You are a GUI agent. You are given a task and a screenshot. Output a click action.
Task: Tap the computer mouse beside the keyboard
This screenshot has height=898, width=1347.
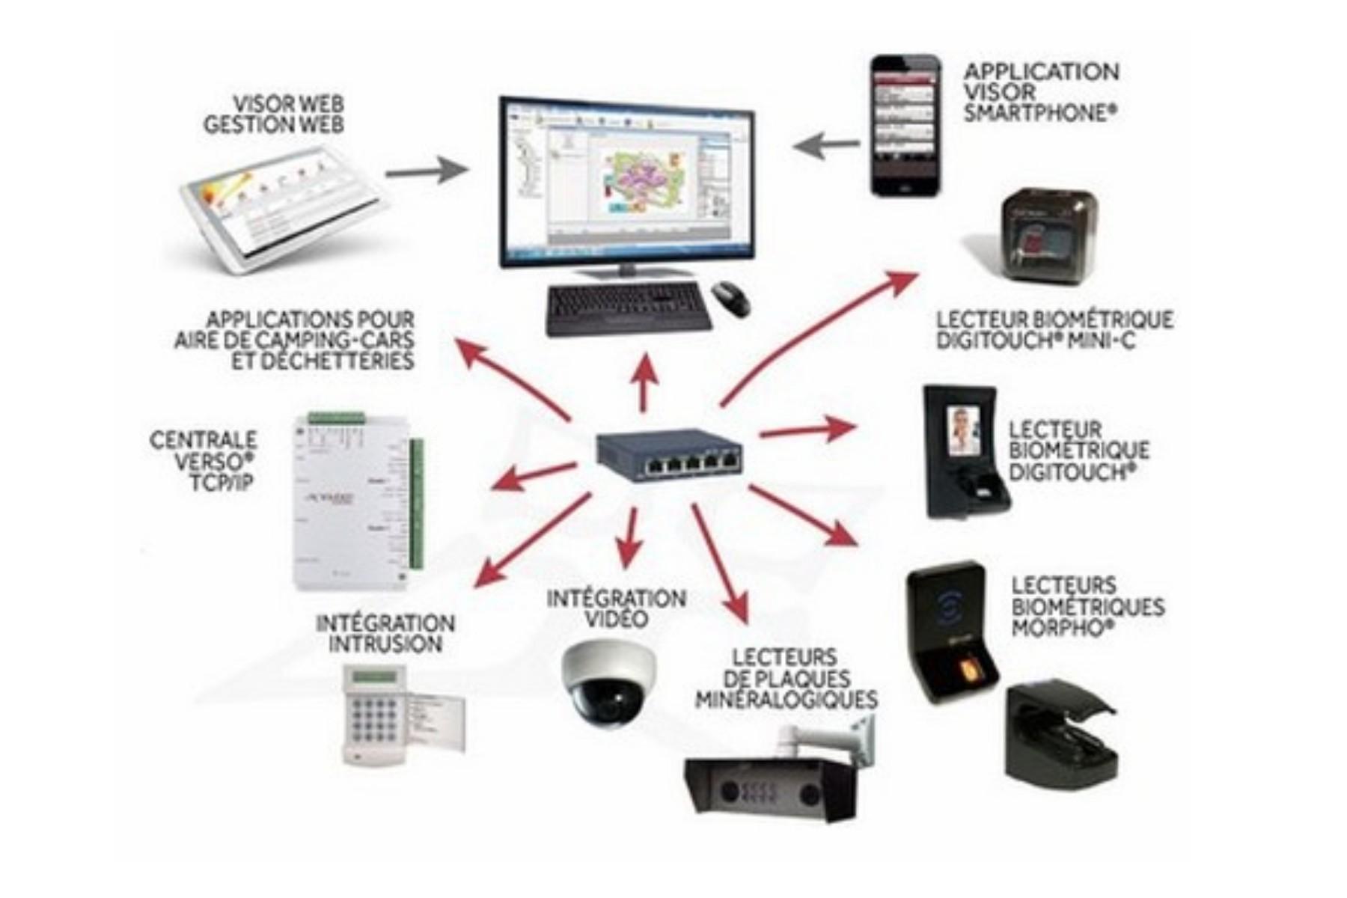pyautogui.click(x=730, y=299)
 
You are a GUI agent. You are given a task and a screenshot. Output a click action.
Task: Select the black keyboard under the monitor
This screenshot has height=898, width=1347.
pyautogui.click(x=627, y=308)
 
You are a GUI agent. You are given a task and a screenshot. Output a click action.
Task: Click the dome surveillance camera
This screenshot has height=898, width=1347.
pyautogui.click(x=608, y=683)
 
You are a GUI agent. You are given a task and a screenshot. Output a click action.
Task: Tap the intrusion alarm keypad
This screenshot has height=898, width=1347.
pyautogui.click(x=374, y=712)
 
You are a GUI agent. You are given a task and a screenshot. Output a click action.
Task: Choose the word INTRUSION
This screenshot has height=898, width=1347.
pyautogui.click(x=385, y=644)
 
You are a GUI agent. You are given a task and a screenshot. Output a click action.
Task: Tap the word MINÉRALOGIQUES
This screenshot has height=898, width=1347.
pyautogui.click(x=786, y=700)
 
